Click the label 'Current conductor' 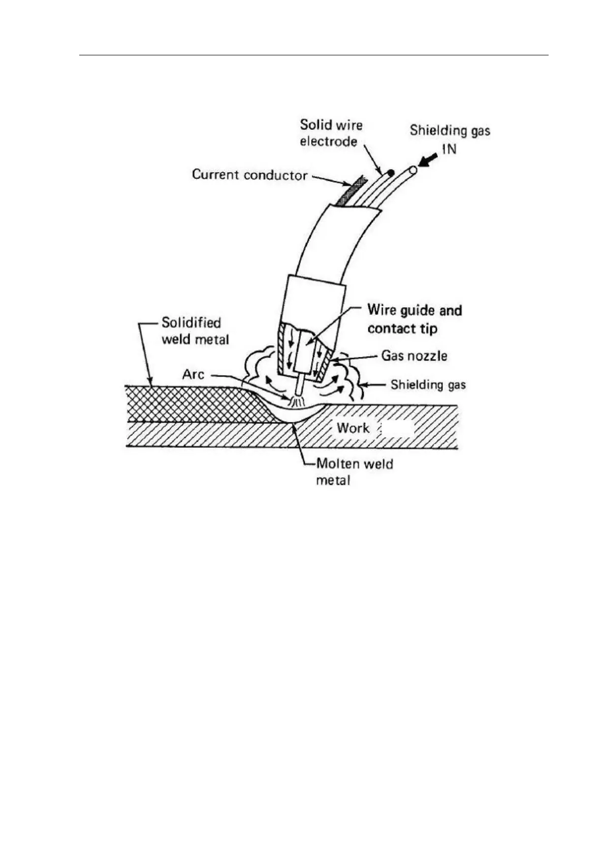click(x=249, y=175)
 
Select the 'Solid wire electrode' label click(x=331, y=133)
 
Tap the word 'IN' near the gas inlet click(x=449, y=149)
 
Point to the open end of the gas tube click(x=412, y=170)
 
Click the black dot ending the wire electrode click(x=390, y=173)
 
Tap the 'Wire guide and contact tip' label click(x=415, y=319)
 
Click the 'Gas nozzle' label click(x=415, y=356)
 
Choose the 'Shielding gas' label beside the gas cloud click(x=428, y=384)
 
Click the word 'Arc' click(x=193, y=375)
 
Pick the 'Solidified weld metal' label click(x=195, y=331)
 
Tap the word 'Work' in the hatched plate click(x=353, y=428)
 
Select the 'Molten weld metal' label click(x=355, y=472)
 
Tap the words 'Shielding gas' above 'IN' click(x=450, y=130)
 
